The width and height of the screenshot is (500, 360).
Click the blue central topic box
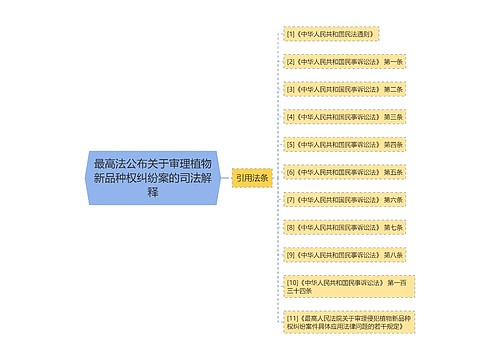click(153, 177)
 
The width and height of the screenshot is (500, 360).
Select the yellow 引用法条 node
click(252, 177)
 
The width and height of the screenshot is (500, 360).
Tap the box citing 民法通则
click(329, 34)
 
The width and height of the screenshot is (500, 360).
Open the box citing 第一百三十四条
click(346, 288)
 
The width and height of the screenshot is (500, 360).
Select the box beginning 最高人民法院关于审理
click(346, 322)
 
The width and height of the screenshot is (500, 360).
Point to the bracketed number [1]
click(291, 34)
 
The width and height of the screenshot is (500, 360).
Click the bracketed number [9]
click(291, 255)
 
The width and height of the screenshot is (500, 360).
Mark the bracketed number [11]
click(293, 317)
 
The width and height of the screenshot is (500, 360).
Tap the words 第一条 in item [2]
click(392, 61)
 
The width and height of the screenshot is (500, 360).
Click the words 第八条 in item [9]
click(392, 255)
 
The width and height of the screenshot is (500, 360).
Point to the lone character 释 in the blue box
click(153, 192)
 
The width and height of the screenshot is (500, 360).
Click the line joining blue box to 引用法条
click(225, 177)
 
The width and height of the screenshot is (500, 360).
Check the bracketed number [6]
click(291, 172)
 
